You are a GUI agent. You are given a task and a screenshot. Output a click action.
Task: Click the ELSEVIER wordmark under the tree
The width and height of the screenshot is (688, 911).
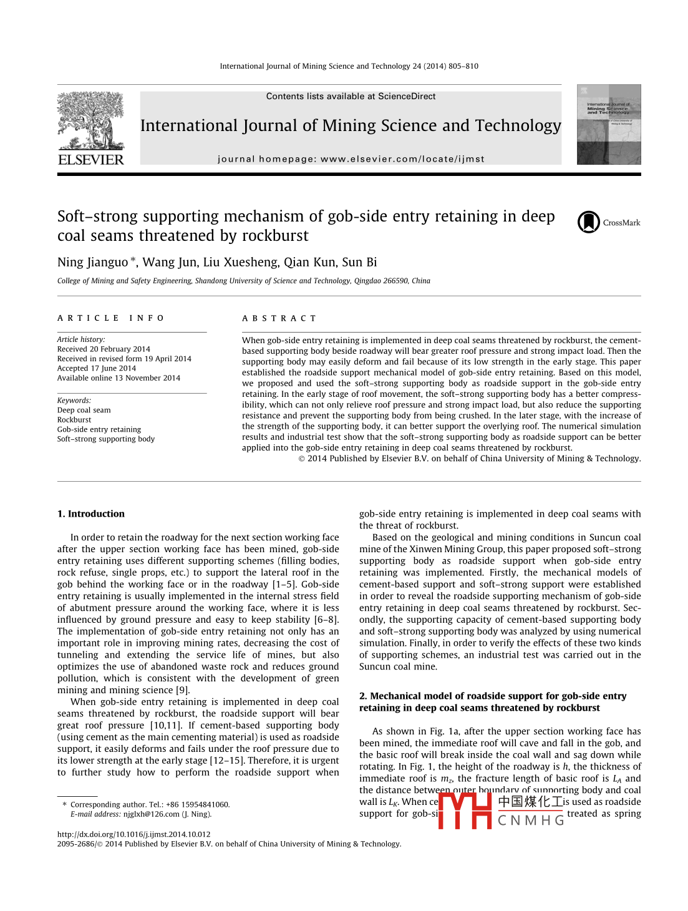click(91, 160)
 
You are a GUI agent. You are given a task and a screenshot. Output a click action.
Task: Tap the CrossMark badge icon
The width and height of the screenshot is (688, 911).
click(588, 222)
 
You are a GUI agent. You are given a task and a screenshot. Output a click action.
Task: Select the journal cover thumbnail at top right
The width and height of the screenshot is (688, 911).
click(608, 125)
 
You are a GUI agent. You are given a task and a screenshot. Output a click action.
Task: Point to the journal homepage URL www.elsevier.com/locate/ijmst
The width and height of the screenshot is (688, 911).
click(402, 159)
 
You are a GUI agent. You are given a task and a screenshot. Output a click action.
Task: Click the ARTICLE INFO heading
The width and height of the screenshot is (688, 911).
click(110, 318)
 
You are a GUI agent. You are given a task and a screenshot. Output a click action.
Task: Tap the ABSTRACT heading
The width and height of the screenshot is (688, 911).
click(279, 318)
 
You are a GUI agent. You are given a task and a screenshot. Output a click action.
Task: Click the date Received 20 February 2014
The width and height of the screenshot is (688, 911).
click(104, 349)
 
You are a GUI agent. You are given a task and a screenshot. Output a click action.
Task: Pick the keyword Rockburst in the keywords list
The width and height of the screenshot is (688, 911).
click(74, 420)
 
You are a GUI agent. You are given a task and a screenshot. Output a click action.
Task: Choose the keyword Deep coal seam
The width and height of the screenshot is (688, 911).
click(84, 410)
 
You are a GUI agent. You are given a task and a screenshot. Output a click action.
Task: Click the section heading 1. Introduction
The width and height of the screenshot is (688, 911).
click(91, 514)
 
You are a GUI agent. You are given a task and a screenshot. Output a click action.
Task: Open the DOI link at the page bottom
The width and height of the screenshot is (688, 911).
click(133, 834)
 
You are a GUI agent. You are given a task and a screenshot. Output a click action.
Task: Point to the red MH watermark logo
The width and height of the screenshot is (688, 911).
click(465, 810)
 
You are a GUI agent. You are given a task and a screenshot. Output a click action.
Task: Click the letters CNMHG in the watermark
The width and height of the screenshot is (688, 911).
click(531, 821)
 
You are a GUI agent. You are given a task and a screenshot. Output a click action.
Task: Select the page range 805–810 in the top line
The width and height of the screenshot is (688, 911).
click(463, 66)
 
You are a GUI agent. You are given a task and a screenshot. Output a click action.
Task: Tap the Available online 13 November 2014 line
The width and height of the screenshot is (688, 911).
click(119, 378)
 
